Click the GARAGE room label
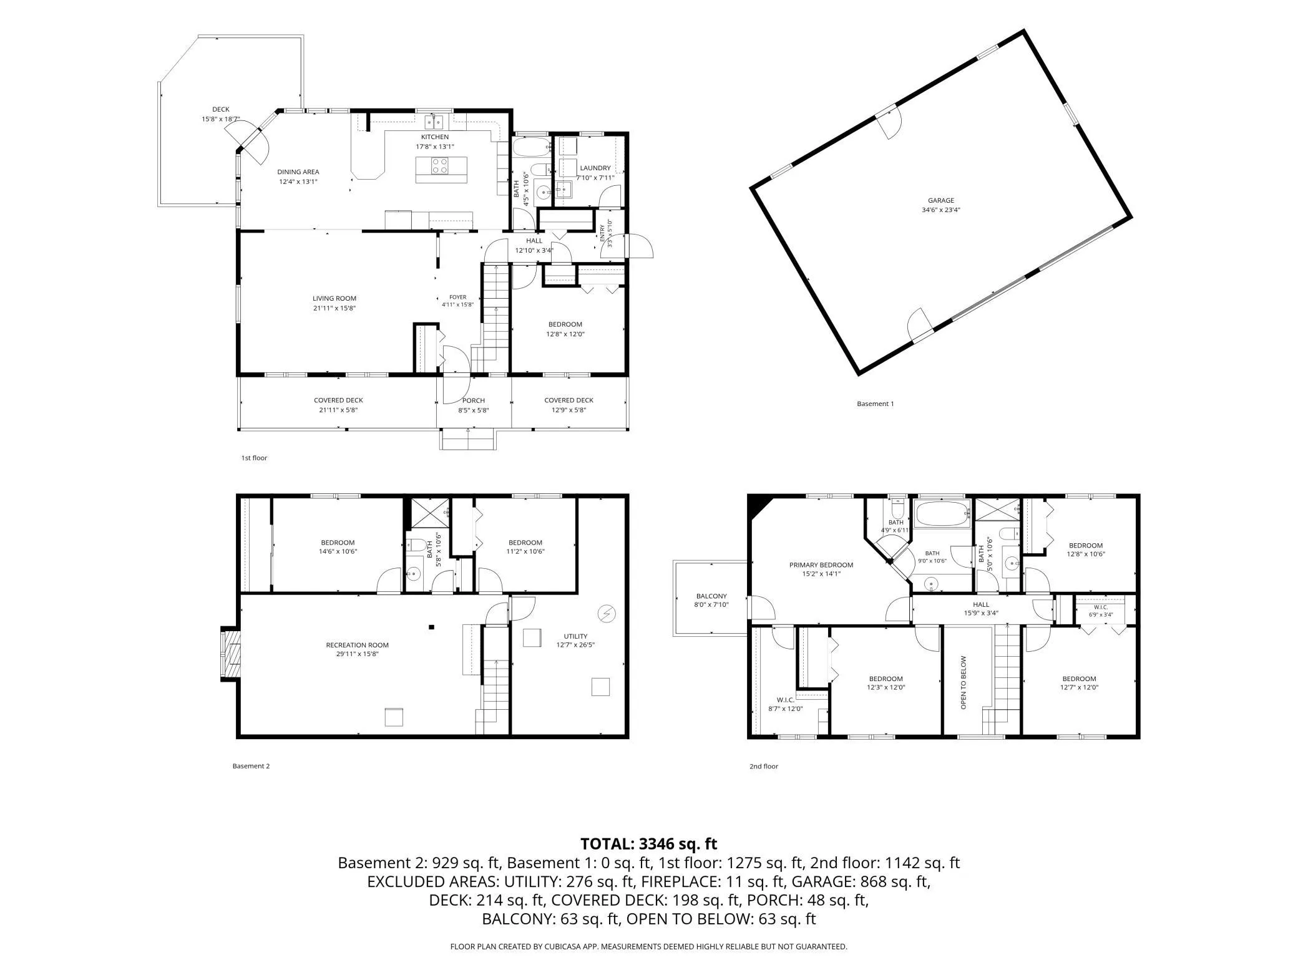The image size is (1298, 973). pos(940,201)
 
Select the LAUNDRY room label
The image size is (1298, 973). pos(595,168)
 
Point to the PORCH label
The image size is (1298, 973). pos(474,400)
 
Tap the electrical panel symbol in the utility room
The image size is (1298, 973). pos(605,614)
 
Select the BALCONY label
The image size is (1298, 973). pos(711,596)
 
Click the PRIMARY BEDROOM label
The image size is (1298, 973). pos(821,565)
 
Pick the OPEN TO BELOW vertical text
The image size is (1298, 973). pos(963,682)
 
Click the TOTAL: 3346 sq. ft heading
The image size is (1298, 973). pos(648,844)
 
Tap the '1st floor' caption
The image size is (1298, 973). pos(254,458)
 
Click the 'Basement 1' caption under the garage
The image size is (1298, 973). pos(875,404)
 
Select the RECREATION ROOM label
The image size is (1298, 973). pos(357,645)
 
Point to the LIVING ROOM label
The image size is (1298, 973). pos(334,298)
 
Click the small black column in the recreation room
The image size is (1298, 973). pos(431,627)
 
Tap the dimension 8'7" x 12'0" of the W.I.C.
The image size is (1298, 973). pos(785,709)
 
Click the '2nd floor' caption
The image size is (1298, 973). pos(764,766)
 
